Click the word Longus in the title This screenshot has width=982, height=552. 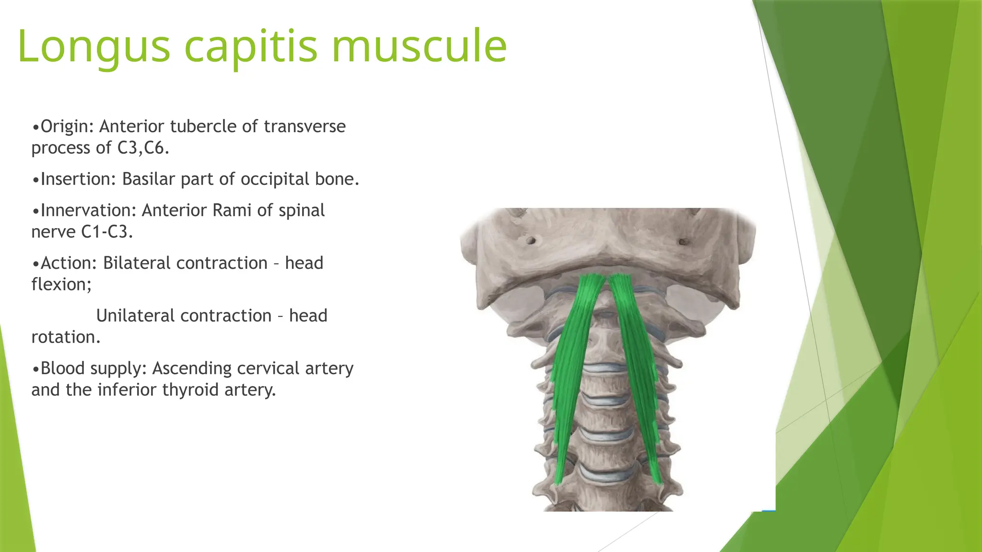pyautogui.click(x=94, y=46)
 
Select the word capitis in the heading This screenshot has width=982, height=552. pyautogui.click(x=250, y=46)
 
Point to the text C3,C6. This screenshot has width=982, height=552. pyautogui.click(x=143, y=148)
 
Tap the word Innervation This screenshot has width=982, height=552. pyautogui.click(x=88, y=210)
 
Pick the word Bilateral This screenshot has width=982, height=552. pyautogui.click(x=137, y=263)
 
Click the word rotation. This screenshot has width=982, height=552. pyautogui.click(x=66, y=337)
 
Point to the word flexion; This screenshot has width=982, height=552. pyautogui.click(x=61, y=285)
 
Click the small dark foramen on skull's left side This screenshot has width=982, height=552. pyautogui.click(x=530, y=240)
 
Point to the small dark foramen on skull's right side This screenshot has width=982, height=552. pyautogui.click(x=683, y=241)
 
